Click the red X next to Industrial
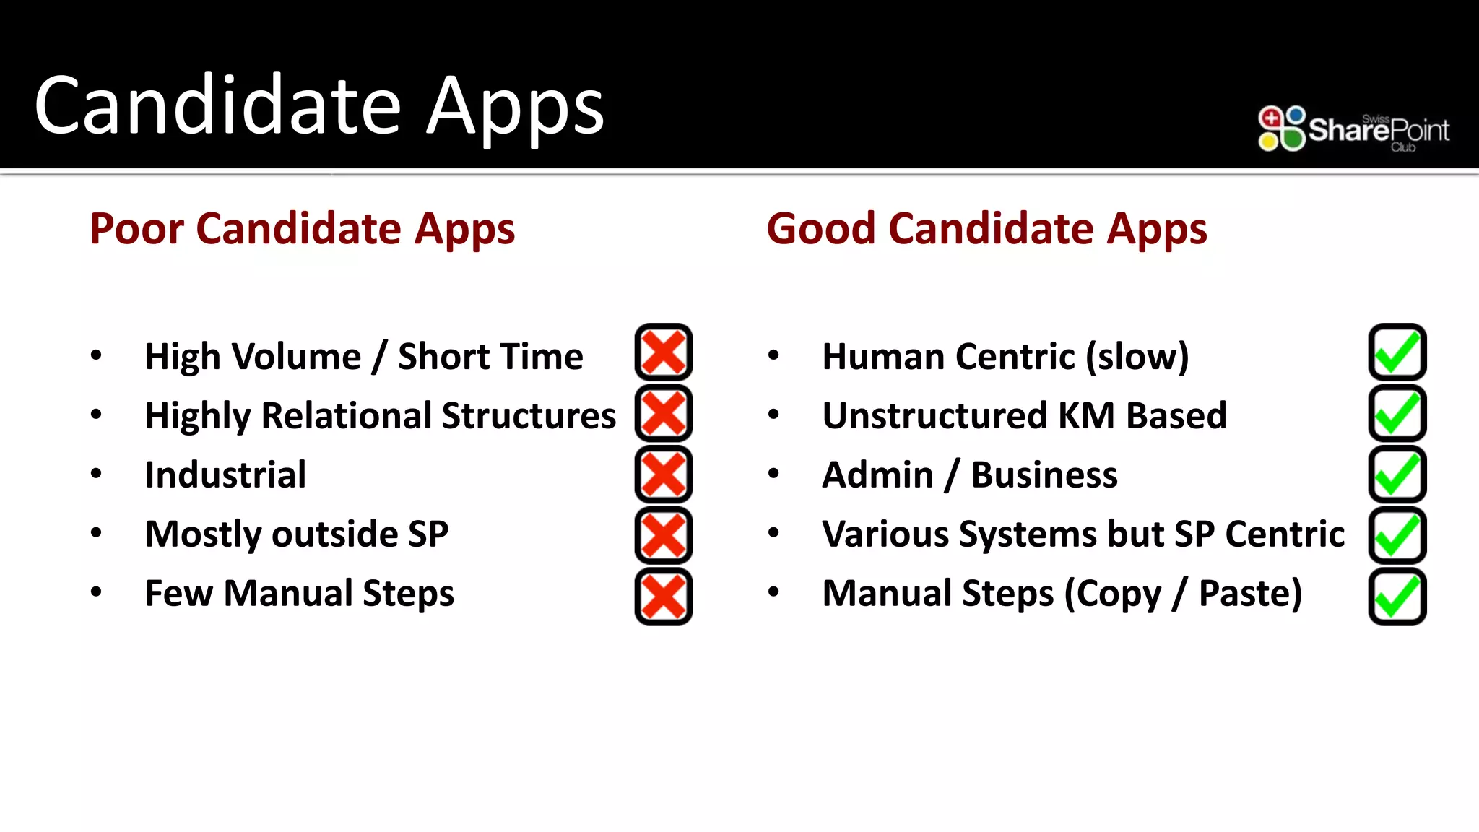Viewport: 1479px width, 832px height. click(x=663, y=474)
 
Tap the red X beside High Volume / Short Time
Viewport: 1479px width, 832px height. click(x=663, y=352)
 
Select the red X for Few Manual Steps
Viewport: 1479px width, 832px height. click(x=663, y=597)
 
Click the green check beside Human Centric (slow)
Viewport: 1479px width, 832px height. click(x=1397, y=352)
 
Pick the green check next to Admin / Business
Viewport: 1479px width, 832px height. click(x=1397, y=474)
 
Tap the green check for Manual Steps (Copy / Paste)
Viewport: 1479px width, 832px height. click(x=1397, y=597)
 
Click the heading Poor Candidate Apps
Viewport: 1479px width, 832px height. click(x=302, y=229)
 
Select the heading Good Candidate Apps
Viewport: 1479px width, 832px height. click(x=986, y=229)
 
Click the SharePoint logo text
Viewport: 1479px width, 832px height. click(x=1378, y=131)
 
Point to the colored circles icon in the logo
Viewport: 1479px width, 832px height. click(x=1282, y=129)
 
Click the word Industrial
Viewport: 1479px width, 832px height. click(x=225, y=475)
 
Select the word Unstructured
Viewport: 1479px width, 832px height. click(x=934, y=416)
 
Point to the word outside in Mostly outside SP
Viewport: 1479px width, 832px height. click(x=335, y=534)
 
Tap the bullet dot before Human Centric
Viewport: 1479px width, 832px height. click(x=773, y=355)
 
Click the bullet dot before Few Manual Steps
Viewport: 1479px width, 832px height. click(x=96, y=592)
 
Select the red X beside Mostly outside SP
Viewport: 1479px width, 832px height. click(x=663, y=535)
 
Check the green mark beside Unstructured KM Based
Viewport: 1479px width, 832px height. click(x=1397, y=413)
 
